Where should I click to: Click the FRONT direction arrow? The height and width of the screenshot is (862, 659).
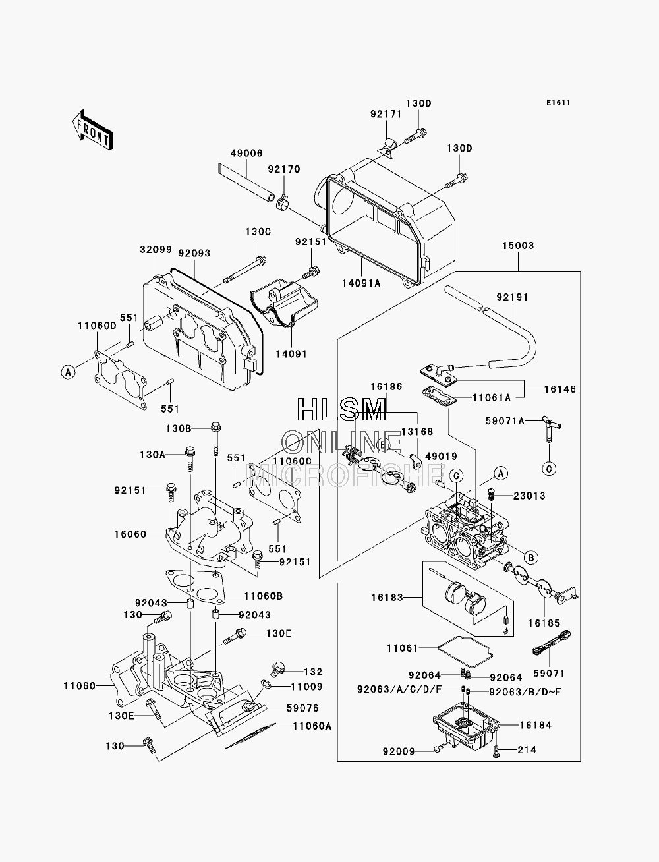[92, 130]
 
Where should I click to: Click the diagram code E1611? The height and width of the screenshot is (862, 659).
[558, 103]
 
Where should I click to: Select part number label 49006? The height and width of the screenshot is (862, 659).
[246, 153]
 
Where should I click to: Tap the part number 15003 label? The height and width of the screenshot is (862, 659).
[518, 245]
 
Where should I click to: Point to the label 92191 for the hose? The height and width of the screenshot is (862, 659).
[512, 297]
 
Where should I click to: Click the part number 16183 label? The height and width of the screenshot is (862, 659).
[387, 597]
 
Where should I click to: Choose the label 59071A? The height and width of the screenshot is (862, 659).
[505, 421]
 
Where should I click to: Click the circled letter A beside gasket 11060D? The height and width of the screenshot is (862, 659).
[68, 371]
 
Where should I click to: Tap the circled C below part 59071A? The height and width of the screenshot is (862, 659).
[549, 469]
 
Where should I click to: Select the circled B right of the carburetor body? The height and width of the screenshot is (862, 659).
[530, 558]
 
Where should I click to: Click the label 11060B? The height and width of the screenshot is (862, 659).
[264, 596]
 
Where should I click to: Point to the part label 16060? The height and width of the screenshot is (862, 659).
[130, 534]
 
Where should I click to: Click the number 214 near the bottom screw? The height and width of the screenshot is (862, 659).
[527, 750]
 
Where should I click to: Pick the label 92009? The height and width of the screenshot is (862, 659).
[399, 751]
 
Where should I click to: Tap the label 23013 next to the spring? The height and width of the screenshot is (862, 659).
[529, 496]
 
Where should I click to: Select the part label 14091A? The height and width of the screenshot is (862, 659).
[361, 283]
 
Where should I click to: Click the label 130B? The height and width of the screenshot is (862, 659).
[179, 428]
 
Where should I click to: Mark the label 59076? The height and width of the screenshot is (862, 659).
[302, 708]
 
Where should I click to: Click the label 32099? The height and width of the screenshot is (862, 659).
[156, 250]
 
